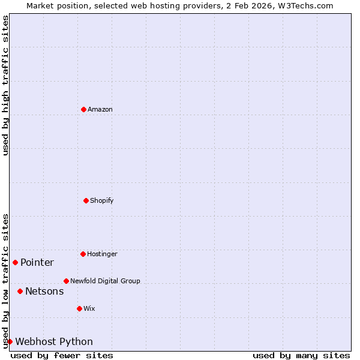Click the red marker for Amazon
coord(83,109)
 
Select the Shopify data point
coord(86,200)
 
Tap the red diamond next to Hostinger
coord(83,254)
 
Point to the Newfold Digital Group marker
coord(66,281)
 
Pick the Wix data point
coord(79,308)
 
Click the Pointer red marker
coord(15,262)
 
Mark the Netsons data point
coord(20,291)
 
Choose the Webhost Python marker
coord(10,341)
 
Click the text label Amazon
coord(100,109)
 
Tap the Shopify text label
coord(102,200)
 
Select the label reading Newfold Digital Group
coord(105,281)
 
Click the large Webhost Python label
coord(54,341)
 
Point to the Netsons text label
coord(44,291)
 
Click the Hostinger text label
coord(102,254)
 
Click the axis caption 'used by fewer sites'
coord(62,355)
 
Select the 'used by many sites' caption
coord(301,355)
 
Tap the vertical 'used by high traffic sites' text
coord(5,85)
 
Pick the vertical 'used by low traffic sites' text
coord(5,281)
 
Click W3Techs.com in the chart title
coord(308,5)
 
